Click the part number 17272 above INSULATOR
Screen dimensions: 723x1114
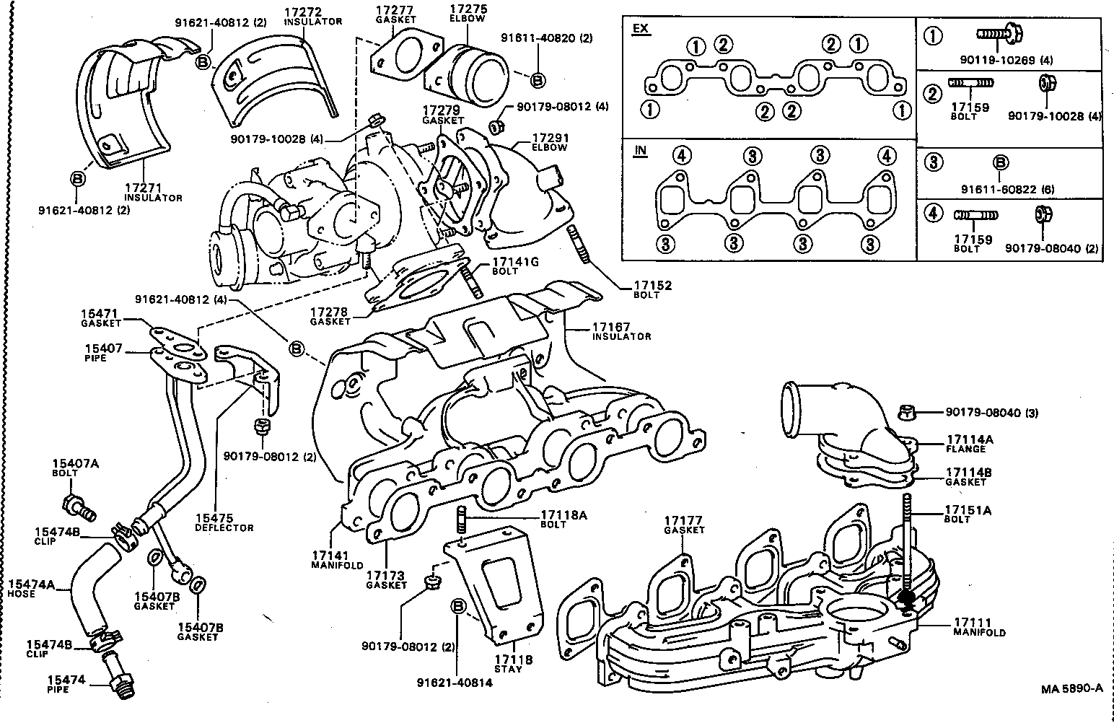point(302,12)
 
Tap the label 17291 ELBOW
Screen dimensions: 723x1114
point(550,137)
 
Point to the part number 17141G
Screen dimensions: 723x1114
point(515,262)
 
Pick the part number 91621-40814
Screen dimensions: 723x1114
point(455,682)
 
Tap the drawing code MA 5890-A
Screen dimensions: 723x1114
point(1071,688)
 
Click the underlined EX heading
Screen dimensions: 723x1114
point(640,29)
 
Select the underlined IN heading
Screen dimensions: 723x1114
point(640,150)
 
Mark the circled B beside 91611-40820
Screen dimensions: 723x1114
point(538,79)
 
